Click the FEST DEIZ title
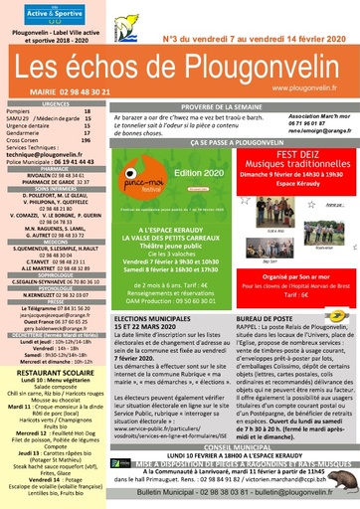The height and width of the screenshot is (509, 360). (301, 157)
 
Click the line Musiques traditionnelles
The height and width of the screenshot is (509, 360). (301, 172)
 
